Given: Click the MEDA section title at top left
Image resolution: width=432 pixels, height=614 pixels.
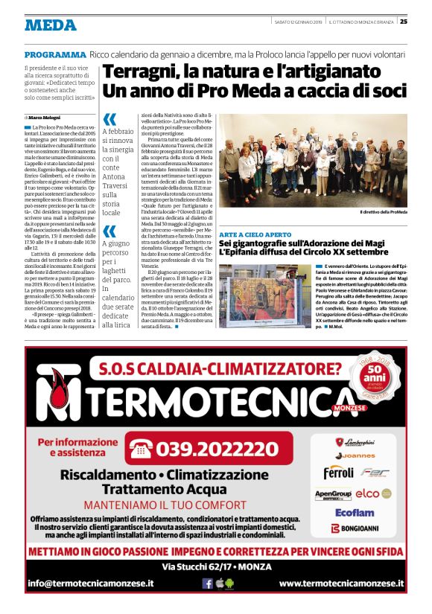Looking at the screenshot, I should (x=50, y=25).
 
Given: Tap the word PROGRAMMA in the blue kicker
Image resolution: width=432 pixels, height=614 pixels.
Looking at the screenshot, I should (x=55, y=55).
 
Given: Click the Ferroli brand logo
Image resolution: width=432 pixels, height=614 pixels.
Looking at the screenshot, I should (x=338, y=473).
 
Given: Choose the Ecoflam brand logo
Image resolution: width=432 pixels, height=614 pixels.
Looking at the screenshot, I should (x=354, y=512).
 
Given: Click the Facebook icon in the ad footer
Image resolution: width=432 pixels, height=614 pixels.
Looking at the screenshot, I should (x=208, y=583).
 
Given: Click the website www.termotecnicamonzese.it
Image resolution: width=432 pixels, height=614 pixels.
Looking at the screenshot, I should (x=341, y=583).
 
